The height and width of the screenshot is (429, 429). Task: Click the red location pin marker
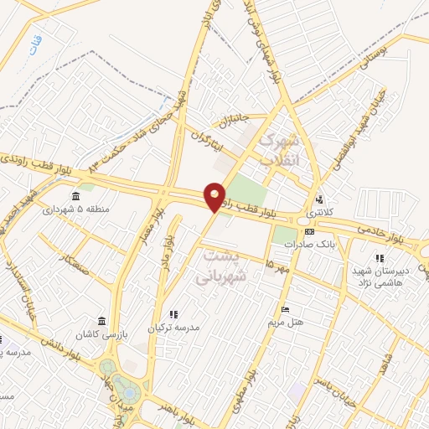point(215,197)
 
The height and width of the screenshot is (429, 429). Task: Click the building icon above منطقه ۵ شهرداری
point(76,197)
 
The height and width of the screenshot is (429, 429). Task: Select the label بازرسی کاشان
point(101,334)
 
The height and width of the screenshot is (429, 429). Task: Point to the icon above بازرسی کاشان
point(101,322)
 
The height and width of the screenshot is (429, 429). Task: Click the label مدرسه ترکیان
point(174,328)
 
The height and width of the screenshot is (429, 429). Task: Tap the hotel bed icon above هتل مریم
point(285,310)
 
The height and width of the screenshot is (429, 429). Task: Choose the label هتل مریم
point(285,322)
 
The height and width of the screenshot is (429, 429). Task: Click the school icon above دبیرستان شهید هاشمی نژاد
point(379,259)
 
